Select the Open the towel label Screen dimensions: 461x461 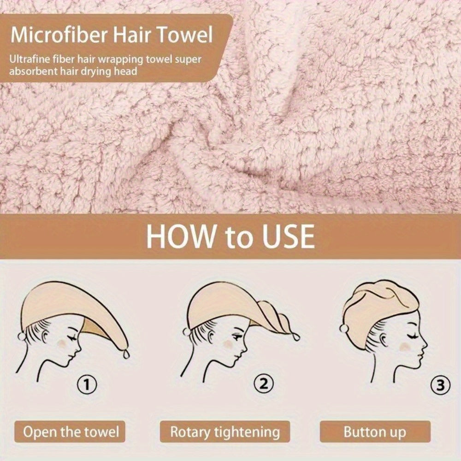[x=71, y=432]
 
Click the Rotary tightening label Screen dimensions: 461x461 [x=225, y=432]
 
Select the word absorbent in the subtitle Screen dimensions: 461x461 [x=36, y=72]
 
